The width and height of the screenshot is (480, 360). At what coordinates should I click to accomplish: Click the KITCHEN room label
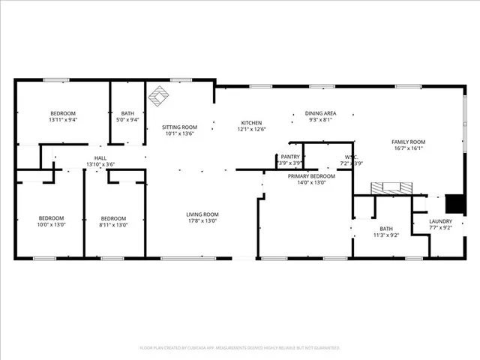(x=251, y=123)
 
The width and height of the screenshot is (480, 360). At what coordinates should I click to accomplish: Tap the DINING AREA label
(x=320, y=113)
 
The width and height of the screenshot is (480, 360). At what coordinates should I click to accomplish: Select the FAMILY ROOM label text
(x=408, y=142)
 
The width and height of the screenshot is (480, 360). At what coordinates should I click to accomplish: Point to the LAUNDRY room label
(x=440, y=221)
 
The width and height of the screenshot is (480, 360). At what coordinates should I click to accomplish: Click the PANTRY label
(x=290, y=157)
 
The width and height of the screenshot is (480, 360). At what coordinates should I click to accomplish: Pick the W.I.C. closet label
(x=351, y=157)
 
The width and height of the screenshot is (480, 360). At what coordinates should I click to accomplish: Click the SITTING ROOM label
(x=179, y=127)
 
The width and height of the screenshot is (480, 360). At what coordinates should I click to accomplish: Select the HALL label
(x=100, y=157)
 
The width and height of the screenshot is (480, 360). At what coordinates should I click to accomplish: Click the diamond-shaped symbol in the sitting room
(x=159, y=96)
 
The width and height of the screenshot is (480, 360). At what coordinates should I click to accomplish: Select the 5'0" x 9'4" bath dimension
(x=127, y=119)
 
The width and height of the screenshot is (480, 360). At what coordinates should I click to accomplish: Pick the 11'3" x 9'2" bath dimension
(x=385, y=235)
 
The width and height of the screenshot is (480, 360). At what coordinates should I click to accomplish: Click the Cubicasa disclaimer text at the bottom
(x=240, y=348)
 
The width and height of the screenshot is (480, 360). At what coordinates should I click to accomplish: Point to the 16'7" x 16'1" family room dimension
(x=408, y=148)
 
